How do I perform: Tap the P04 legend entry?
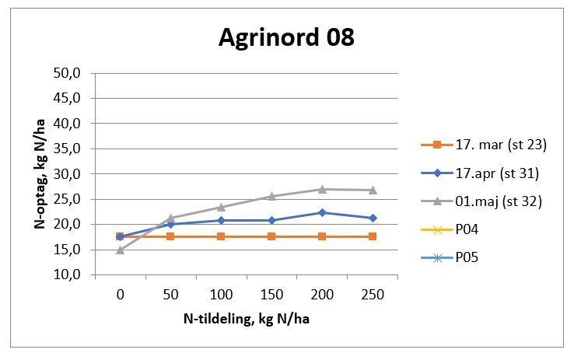pyautogui.click(x=467, y=229)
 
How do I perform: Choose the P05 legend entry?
pyautogui.click(x=467, y=257)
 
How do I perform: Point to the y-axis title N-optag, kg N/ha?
pyautogui.click(x=39, y=173)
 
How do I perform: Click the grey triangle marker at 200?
pyautogui.click(x=322, y=189)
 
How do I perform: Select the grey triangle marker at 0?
pyautogui.click(x=120, y=250)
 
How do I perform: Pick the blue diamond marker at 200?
pyautogui.click(x=322, y=212)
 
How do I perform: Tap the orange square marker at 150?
pyautogui.click(x=271, y=236)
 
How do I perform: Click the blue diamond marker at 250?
pyautogui.click(x=373, y=218)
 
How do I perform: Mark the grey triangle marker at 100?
pyautogui.click(x=221, y=207)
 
